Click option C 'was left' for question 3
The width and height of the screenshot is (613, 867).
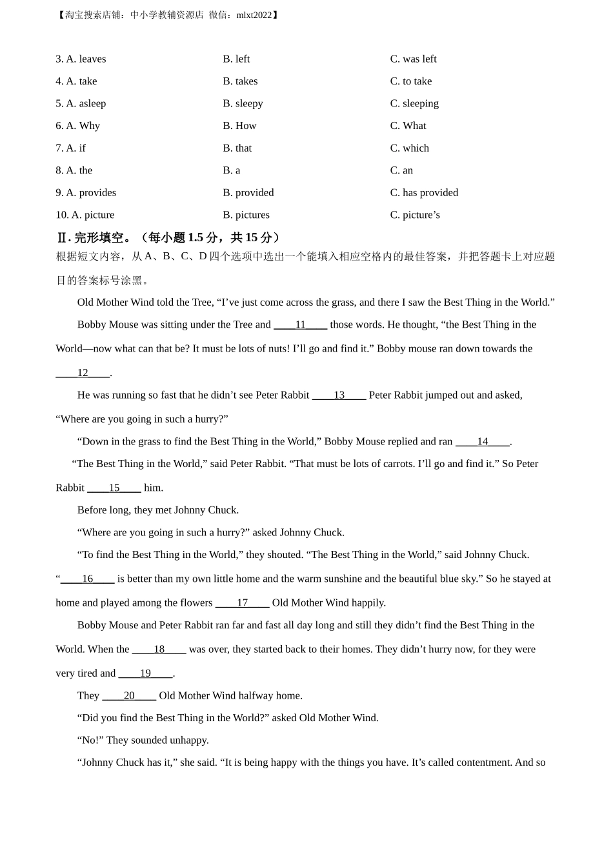click(x=413, y=59)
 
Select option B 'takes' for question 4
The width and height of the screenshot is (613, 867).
click(x=240, y=81)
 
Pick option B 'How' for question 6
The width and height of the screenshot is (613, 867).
click(x=239, y=126)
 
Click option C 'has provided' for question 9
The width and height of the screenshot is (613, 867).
click(x=424, y=193)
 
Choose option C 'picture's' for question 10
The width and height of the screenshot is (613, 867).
click(x=415, y=215)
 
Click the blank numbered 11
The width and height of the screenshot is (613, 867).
click(x=300, y=325)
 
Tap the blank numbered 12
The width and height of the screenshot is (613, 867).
click(x=83, y=373)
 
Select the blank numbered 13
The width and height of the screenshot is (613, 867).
click(x=339, y=395)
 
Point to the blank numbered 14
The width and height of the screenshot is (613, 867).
click(x=483, y=442)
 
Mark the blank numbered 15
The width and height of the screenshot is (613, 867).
click(x=114, y=488)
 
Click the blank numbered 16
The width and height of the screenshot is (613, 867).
click(x=88, y=579)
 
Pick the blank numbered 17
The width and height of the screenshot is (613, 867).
click(x=242, y=603)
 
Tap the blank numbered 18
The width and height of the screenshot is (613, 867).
click(x=159, y=650)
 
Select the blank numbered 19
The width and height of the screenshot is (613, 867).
click(x=145, y=673)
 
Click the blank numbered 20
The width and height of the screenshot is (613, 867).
click(x=129, y=696)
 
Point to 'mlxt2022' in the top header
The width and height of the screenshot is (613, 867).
click(x=254, y=15)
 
